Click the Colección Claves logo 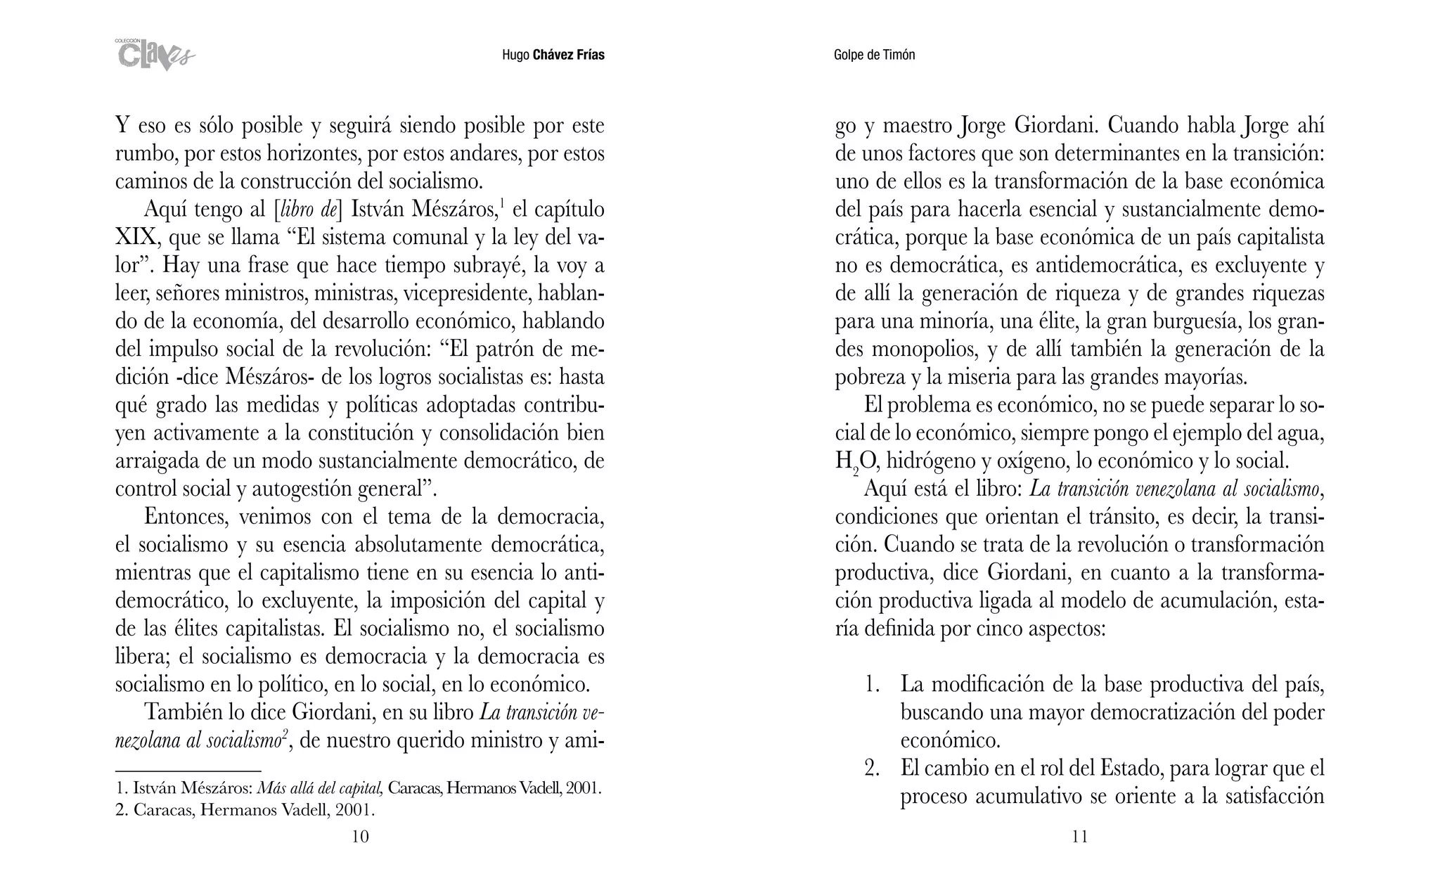(155, 55)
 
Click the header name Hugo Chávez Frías (553, 55)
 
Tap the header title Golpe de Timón (874, 55)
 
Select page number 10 (359, 836)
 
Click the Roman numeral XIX (138, 238)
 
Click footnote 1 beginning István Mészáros (359, 788)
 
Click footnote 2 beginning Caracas (245, 810)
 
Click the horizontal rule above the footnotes (188, 771)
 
